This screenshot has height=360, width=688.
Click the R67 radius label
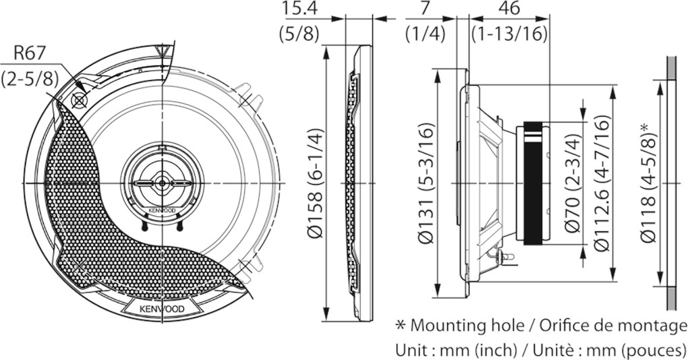tap(30, 53)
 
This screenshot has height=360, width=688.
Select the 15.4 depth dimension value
tap(299, 9)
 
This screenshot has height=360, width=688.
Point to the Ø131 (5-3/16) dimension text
tap(426, 183)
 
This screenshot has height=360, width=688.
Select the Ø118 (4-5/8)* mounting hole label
tap(648, 183)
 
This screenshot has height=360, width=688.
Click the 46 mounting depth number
tap(509, 9)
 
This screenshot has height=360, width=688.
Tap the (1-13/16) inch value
tap(509, 33)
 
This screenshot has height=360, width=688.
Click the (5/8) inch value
tap(299, 33)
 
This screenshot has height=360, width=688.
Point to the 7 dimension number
tap(424, 9)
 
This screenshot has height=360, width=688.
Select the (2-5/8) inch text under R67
tap(30, 78)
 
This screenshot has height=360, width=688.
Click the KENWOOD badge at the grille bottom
tap(163, 309)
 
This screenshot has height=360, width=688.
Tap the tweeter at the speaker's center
tap(163, 183)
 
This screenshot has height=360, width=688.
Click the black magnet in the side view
tap(532, 183)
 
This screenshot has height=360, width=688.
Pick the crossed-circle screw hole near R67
tap(79, 101)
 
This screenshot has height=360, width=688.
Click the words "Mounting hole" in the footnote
tap(467, 326)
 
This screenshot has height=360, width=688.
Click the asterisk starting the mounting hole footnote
tap(400, 325)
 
